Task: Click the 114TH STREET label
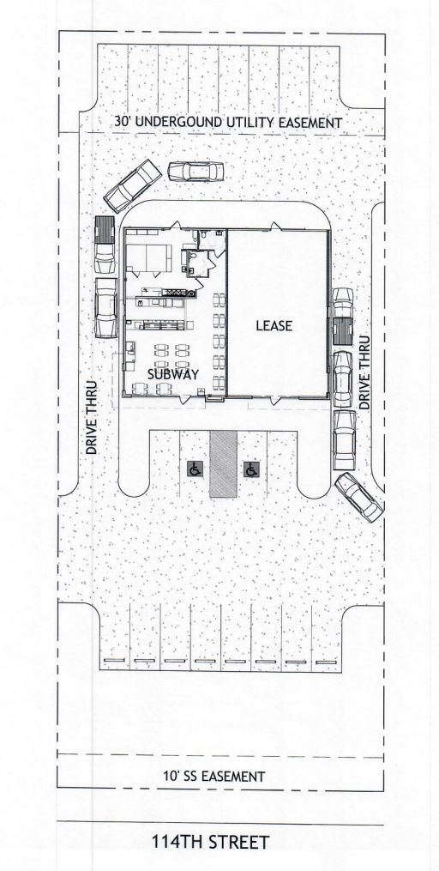[x=211, y=843]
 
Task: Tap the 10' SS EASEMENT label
[x=213, y=777]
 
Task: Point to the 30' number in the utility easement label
[x=122, y=123]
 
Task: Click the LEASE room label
[x=274, y=326]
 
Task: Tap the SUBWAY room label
[x=172, y=374]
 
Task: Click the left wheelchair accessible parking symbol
[x=195, y=469]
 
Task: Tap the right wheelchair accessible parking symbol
[x=251, y=469]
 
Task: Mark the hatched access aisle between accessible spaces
[x=223, y=463]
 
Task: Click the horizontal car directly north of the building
[x=195, y=172]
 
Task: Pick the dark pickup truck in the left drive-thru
[x=105, y=241]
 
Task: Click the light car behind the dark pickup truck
[x=105, y=306]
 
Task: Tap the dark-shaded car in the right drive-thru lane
[x=342, y=329]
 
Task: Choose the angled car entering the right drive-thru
[x=359, y=495]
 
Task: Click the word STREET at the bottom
[x=239, y=843]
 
